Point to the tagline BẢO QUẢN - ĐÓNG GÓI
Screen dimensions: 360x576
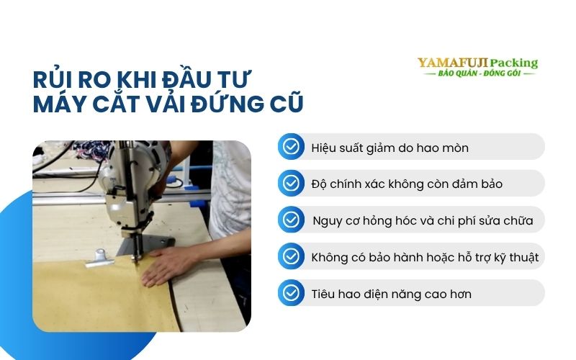point(477,75)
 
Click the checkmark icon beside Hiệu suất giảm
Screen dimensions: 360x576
point(291,147)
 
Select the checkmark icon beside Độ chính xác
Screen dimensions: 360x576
point(291,184)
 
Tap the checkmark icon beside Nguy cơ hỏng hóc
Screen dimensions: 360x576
point(291,220)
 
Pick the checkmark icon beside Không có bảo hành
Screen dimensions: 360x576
point(291,256)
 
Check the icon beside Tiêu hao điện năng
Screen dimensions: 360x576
point(291,293)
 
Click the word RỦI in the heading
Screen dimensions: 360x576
point(51,78)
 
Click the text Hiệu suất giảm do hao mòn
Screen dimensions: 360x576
point(390,148)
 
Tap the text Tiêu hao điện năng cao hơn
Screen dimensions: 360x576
point(392,294)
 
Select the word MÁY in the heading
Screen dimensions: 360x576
point(60,104)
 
